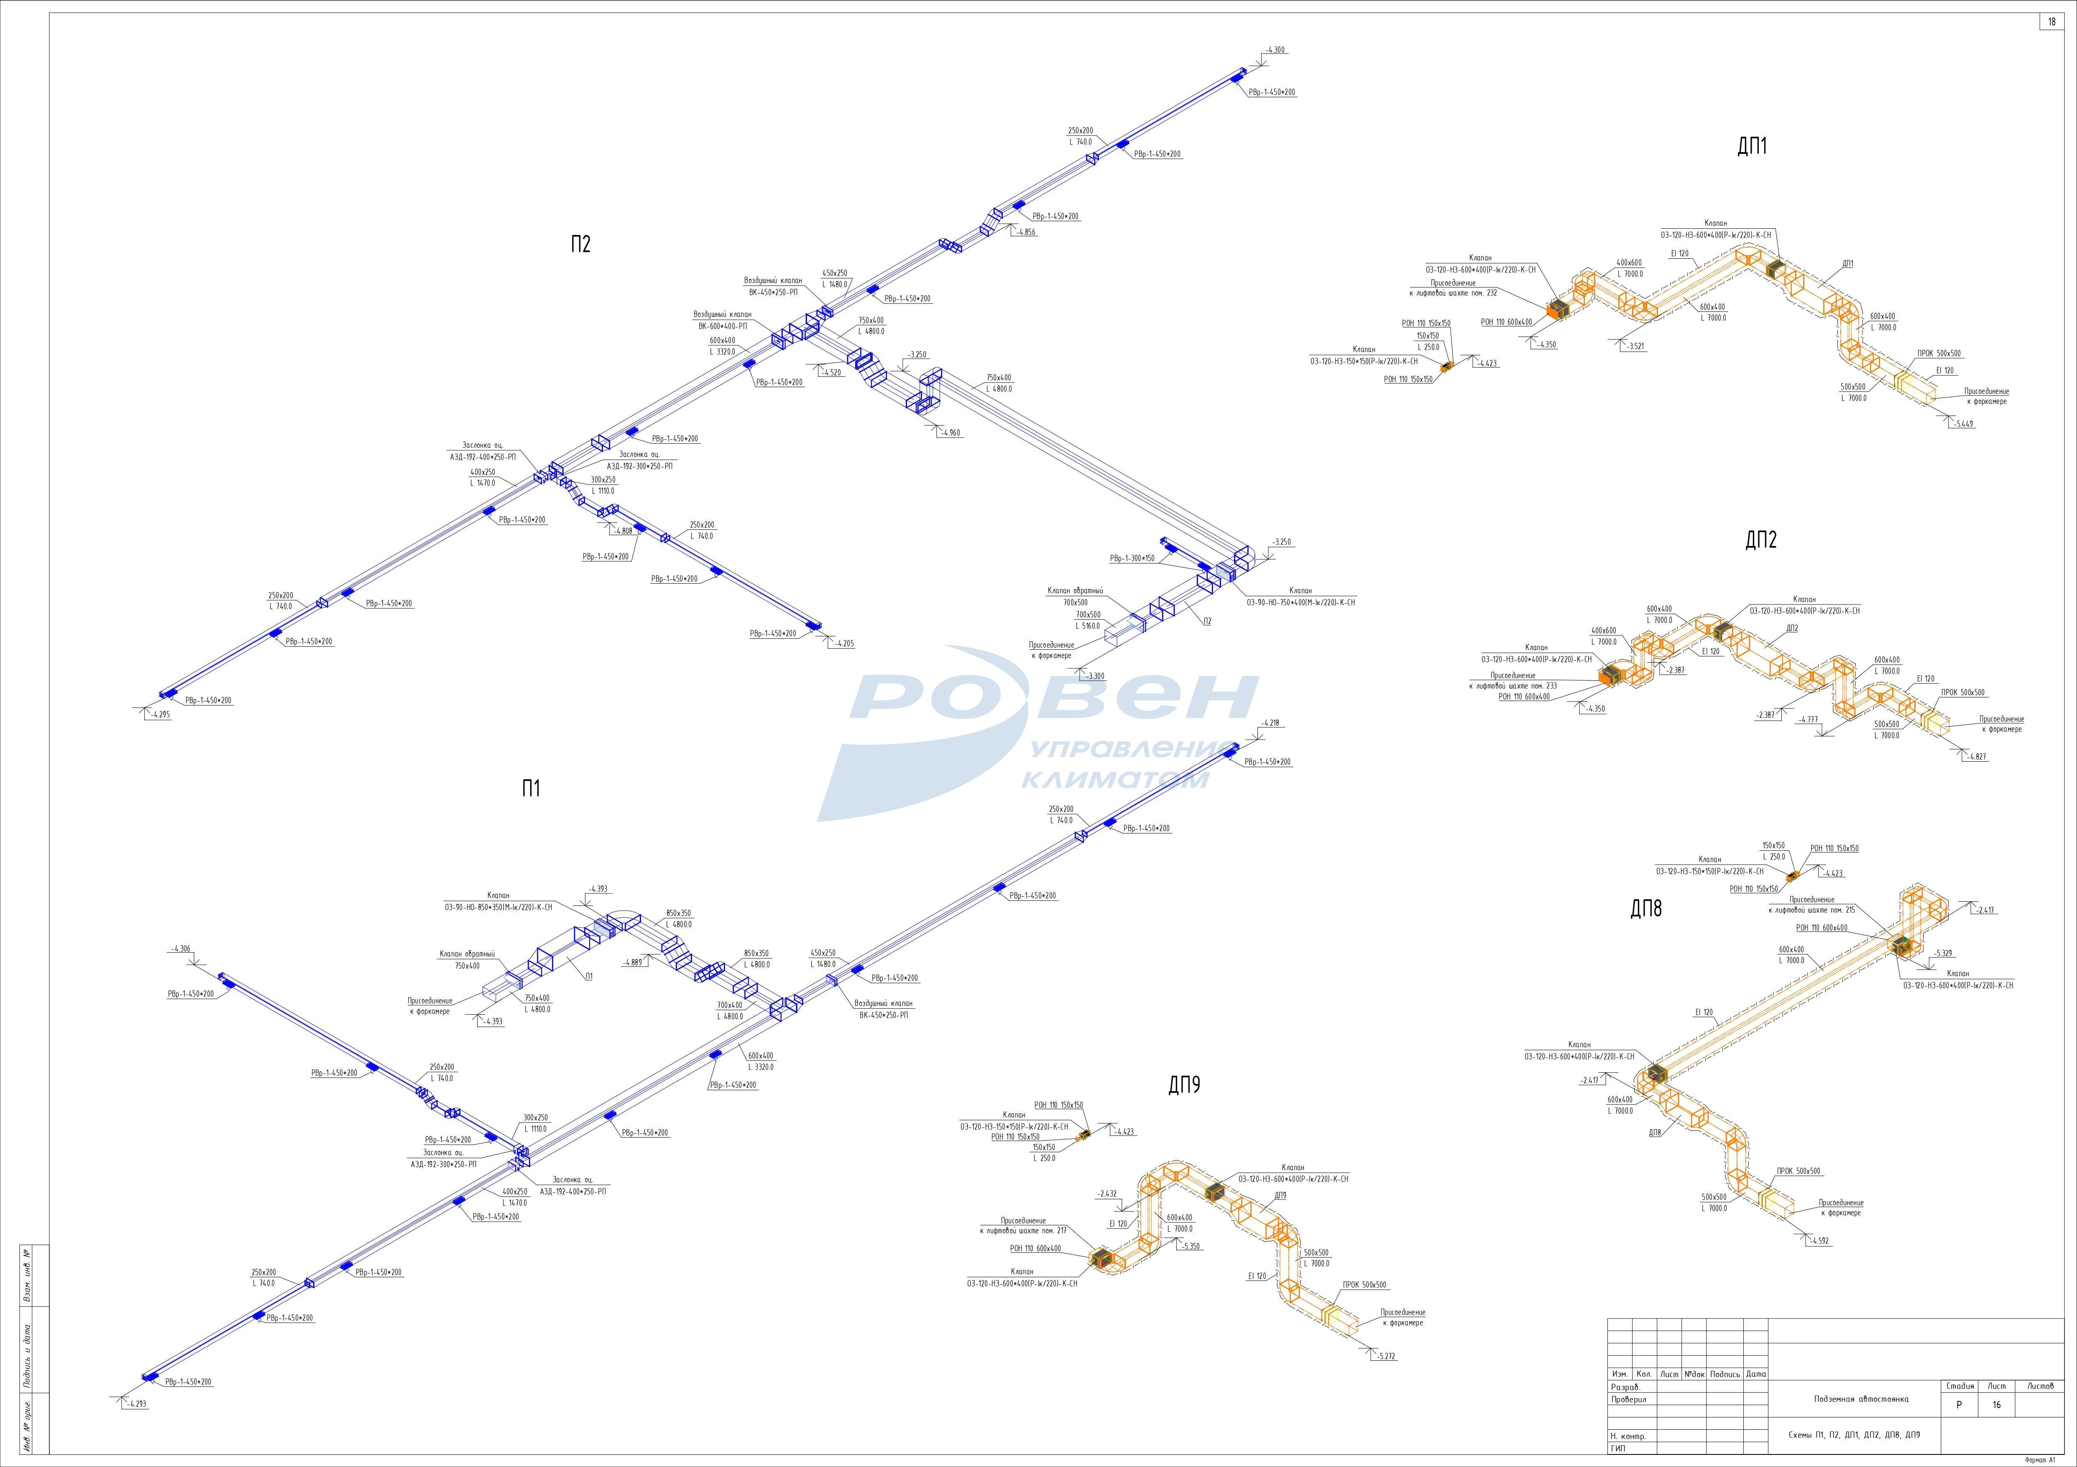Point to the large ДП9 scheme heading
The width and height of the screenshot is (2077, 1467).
(1184, 1085)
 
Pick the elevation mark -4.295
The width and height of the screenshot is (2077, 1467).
(161, 714)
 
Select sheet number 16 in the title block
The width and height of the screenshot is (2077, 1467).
(1996, 1406)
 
